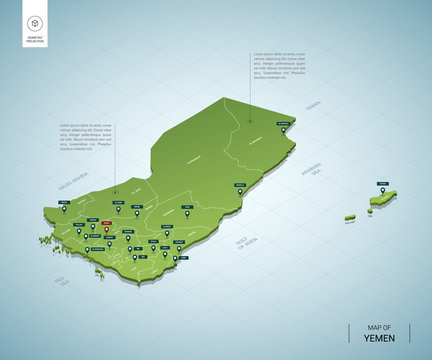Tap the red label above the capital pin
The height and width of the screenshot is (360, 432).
coord(106,220)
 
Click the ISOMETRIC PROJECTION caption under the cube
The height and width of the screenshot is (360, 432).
coord(35,40)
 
